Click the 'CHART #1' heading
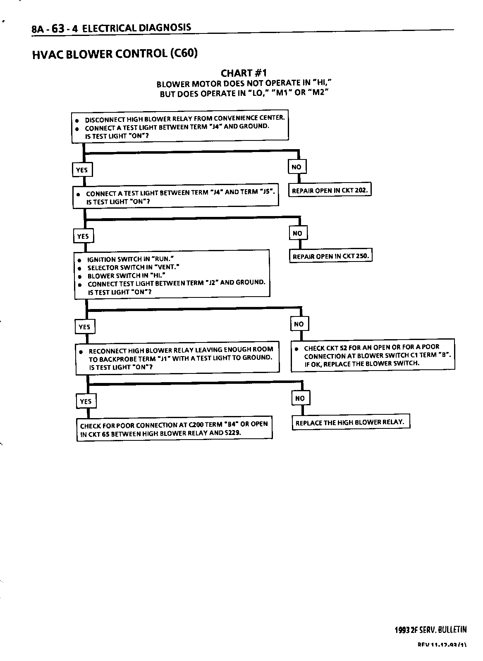pos(244,74)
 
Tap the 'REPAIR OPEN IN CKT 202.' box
pos(330,190)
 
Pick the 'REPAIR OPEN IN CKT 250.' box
pos(330,256)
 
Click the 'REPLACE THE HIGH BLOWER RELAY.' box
pos(351,422)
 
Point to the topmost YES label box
pos(82,170)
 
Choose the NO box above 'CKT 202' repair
pos(296,167)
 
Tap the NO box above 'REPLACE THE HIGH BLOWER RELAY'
pos(300,398)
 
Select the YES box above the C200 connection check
pos(86,401)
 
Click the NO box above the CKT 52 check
pos(299,324)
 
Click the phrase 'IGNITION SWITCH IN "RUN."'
pos(130,259)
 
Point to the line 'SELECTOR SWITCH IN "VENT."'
pos(133,267)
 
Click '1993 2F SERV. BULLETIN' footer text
pos(430,630)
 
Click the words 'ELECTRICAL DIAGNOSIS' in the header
pos(137,28)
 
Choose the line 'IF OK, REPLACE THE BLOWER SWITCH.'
pos(361,364)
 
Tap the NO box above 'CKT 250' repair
pos(297,233)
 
